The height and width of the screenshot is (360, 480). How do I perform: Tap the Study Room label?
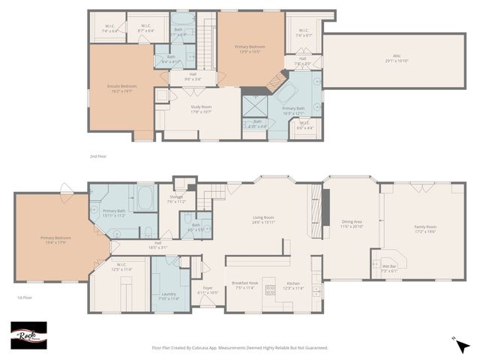click(201, 109)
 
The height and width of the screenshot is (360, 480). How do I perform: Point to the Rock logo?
click(28, 335)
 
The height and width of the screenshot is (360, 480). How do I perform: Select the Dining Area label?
click(352, 223)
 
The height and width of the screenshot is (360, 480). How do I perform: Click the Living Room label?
click(263, 220)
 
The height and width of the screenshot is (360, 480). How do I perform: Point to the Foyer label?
click(207, 291)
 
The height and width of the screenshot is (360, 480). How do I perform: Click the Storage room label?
click(175, 200)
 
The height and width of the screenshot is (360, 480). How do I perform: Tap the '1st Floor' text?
click(24, 298)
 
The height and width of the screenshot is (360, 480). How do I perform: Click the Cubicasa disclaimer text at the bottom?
click(240, 347)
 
